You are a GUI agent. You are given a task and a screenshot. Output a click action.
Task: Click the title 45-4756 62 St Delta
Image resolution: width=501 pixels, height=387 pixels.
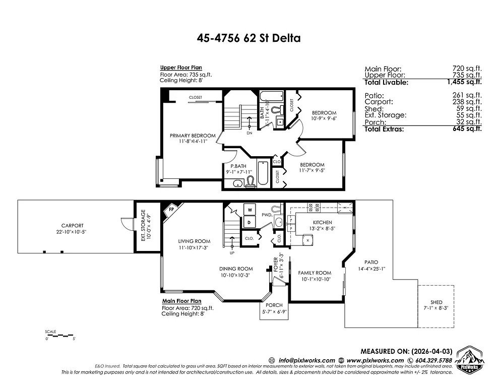pos(249,38)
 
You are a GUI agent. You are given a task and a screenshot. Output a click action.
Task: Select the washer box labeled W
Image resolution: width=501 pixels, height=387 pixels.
pos(249,210)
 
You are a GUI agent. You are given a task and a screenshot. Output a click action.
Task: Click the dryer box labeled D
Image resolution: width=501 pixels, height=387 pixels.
pos(249,222)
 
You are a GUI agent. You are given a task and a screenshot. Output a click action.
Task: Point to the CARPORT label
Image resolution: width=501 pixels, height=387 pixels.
pos(73,225)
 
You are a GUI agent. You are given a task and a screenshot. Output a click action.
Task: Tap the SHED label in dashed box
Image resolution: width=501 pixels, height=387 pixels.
pos(436,302)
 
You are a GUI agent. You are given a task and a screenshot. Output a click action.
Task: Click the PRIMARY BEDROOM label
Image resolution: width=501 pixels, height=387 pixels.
pos(193,136)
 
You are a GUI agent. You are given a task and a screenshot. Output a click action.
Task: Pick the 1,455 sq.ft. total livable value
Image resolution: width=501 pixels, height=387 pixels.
pos(467,82)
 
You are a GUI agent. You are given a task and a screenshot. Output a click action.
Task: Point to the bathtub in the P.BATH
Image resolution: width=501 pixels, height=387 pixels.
pos(264,174)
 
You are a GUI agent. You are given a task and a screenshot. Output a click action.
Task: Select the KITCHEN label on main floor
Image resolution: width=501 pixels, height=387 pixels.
pos(323,222)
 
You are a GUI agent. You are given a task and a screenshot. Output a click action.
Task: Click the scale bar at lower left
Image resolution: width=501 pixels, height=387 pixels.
pos(59,335)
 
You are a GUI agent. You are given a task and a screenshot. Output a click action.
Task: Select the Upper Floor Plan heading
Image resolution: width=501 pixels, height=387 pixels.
pos(181,68)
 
